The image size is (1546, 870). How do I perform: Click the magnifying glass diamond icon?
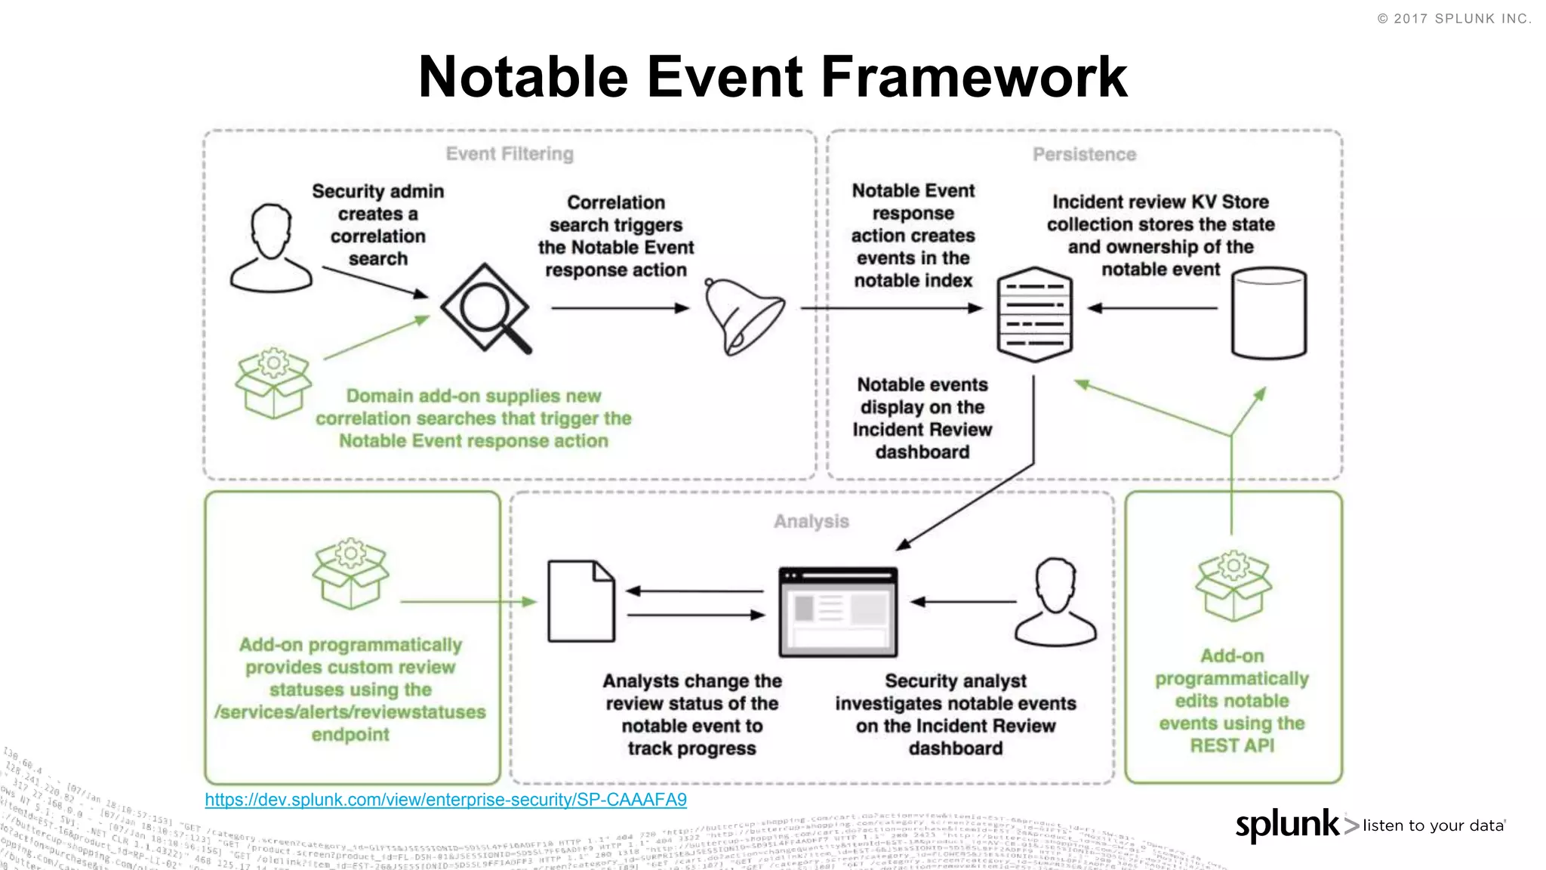click(485, 308)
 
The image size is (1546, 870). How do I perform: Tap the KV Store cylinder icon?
click(1268, 313)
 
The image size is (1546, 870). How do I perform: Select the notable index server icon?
click(1034, 314)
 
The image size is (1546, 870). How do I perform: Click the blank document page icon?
click(581, 601)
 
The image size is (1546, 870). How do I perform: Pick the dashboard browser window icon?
click(838, 612)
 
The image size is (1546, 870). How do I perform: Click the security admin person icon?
click(271, 248)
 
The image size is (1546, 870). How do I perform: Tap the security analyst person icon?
click(1055, 602)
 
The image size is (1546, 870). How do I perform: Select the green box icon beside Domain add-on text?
click(273, 383)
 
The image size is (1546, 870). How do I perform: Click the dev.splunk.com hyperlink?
click(445, 800)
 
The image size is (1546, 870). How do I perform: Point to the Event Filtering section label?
click(510, 154)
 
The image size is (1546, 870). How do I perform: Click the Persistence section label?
click(1084, 155)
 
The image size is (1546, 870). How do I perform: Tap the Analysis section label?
click(811, 522)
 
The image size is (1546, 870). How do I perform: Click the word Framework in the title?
click(974, 77)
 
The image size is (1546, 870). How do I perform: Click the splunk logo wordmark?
click(1286, 825)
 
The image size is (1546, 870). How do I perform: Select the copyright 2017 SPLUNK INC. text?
click(1455, 19)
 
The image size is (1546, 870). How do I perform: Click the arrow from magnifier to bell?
click(619, 308)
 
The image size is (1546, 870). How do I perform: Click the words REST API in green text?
click(1232, 746)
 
